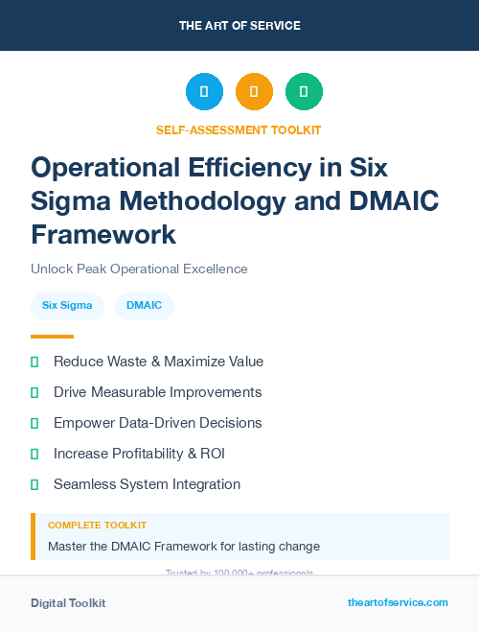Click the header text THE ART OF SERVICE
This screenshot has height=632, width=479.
point(239,25)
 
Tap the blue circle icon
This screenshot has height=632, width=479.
point(204,92)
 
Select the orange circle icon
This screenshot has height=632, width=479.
point(254,92)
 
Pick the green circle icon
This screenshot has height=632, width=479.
point(304,92)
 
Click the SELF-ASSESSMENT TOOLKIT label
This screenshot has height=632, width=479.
point(239,129)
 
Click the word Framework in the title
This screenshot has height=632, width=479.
point(103,234)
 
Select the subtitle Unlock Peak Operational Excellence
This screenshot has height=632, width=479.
point(139,269)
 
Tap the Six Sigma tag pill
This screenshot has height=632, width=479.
point(67,306)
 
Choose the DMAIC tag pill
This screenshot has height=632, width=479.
point(145,306)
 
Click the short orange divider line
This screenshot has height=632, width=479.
point(52,337)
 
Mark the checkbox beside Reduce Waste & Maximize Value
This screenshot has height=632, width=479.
point(34,362)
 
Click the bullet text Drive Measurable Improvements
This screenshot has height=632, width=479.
point(157,392)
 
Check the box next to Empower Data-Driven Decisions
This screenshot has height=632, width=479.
point(34,423)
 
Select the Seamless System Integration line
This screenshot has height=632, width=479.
point(147,484)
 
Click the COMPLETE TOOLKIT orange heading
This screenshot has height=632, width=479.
point(97,526)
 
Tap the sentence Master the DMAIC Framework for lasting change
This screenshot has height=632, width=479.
point(184,547)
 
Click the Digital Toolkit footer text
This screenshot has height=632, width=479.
point(68,602)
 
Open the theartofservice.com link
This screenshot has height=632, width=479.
point(398,602)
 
